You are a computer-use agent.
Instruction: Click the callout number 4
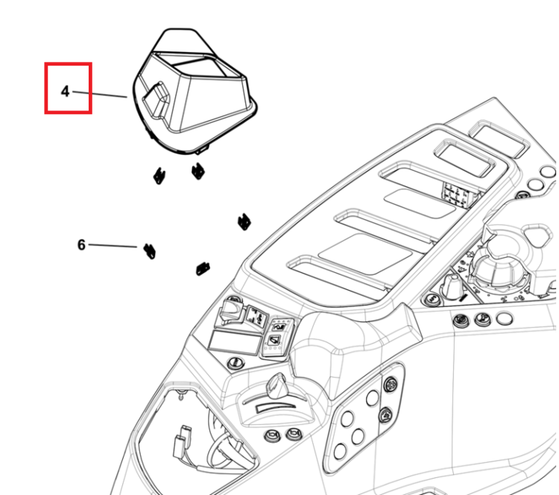pyautogui.click(x=65, y=92)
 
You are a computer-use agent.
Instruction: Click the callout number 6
pyautogui.click(x=81, y=245)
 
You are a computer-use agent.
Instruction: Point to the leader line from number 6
pyautogui.click(x=113, y=246)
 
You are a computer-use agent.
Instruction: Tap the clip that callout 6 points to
pyautogui.click(x=149, y=251)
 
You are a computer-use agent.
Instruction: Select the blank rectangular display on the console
pyautogui.click(x=234, y=343)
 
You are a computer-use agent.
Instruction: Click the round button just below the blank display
pyautogui.click(x=235, y=363)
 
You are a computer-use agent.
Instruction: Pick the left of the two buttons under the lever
pyautogui.click(x=271, y=436)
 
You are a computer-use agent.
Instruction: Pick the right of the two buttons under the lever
pyautogui.click(x=293, y=435)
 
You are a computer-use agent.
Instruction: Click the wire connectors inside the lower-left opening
pyautogui.click(x=181, y=442)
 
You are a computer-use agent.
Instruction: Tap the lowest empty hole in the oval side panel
pyautogui.click(x=341, y=452)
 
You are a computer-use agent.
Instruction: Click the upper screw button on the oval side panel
pyautogui.click(x=391, y=385)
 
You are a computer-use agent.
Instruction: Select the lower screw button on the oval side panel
pyautogui.click(x=386, y=414)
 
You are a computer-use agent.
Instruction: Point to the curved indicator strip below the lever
pyautogui.click(x=276, y=407)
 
